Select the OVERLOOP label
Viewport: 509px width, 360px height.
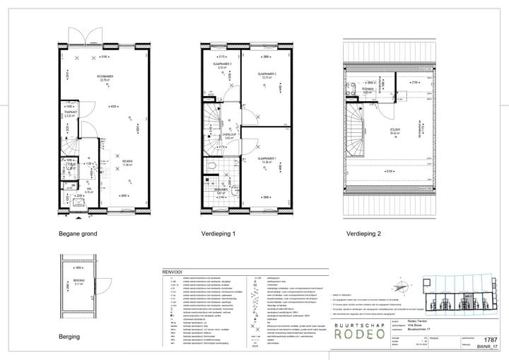228,132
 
